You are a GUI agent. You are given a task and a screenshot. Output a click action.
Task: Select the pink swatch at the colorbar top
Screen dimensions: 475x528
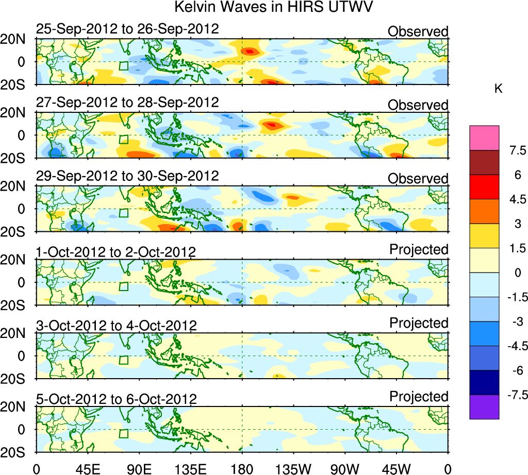pos(484,138)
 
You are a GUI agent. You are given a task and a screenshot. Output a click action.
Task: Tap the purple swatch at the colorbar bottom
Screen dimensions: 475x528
pos(484,407)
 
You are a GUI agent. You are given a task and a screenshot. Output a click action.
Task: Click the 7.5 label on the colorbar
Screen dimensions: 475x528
pos(516,150)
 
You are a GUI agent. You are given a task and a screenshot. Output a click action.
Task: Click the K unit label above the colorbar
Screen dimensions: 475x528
pos(498,89)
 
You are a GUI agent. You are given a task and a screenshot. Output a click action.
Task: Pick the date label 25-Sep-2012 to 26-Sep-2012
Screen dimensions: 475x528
pos(127,29)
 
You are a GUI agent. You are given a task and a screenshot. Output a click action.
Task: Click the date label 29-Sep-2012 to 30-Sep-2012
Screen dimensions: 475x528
pos(127,176)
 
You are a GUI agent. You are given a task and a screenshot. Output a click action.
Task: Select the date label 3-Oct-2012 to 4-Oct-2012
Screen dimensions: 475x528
pos(117,326)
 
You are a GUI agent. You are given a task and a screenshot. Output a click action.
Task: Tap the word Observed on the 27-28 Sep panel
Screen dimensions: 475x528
pos(418,105)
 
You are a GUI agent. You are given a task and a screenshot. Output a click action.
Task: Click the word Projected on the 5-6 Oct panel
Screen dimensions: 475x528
pos(419,397)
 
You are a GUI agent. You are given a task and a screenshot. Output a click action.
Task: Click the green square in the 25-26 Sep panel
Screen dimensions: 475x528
pos(123,66)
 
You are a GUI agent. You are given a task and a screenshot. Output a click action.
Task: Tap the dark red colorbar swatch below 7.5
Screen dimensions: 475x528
pos(484,162)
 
